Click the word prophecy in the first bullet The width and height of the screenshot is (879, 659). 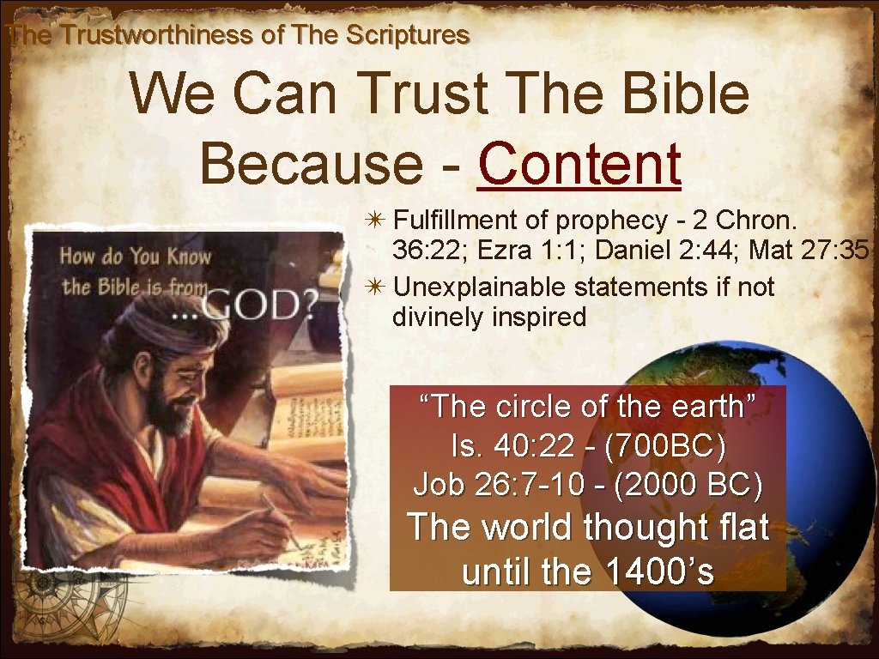click(x=610, y=221)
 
